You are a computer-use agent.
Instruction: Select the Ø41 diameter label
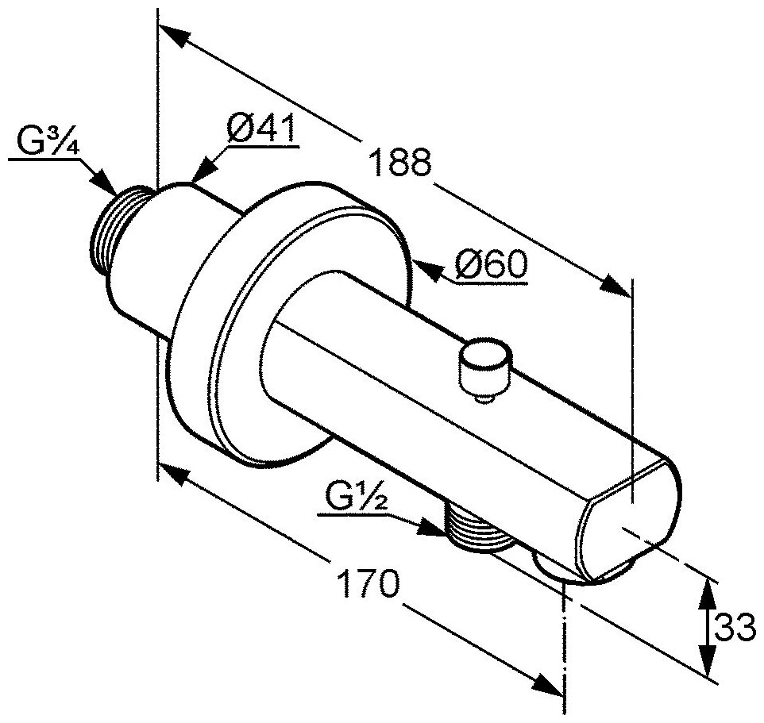(x=260, y=128)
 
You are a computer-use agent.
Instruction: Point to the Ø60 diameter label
(x=492, y=265)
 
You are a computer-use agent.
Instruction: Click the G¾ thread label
(x=47, y=143)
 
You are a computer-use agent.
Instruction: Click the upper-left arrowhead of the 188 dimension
(x=174, y=37)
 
